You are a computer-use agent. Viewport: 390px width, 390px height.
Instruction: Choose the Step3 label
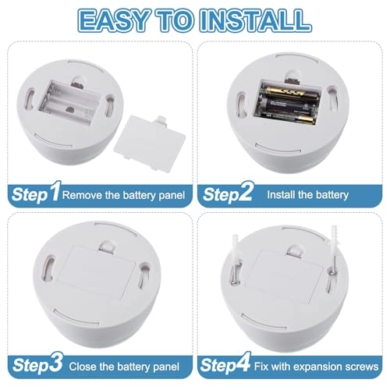35,364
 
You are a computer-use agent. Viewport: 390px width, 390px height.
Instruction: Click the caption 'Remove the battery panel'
123,194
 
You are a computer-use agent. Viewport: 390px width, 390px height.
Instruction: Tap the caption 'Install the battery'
312,194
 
